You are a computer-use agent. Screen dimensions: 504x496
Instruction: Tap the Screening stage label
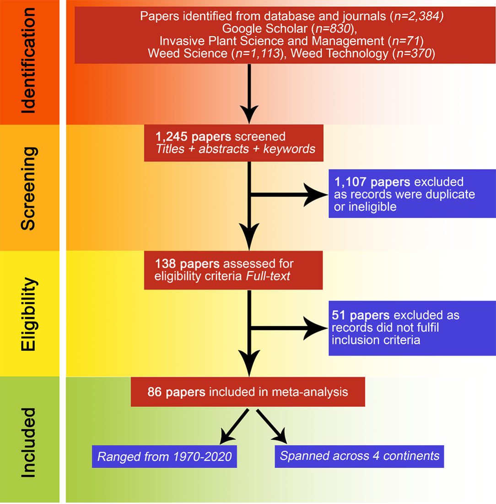point(29,187)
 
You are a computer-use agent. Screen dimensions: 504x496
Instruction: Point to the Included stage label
point(29,440)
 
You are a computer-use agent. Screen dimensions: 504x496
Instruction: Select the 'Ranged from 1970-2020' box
point(164,456)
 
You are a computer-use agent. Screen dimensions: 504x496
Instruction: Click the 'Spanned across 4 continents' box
point(359,456)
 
